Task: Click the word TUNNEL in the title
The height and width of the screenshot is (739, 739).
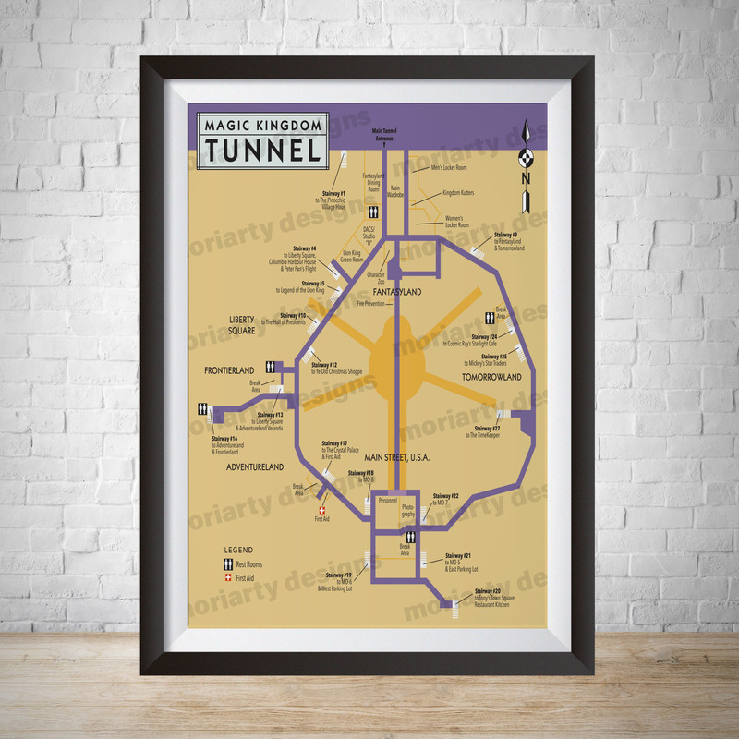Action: [x=262, y=150]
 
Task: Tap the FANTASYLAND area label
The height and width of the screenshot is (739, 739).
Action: [x=398, y=292]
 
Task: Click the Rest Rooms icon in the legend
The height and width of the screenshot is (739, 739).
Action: [x=224, y=563]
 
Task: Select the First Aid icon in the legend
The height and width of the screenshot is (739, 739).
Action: [x=224, y=578]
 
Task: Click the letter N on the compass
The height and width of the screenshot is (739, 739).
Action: [x=525, y=178]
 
